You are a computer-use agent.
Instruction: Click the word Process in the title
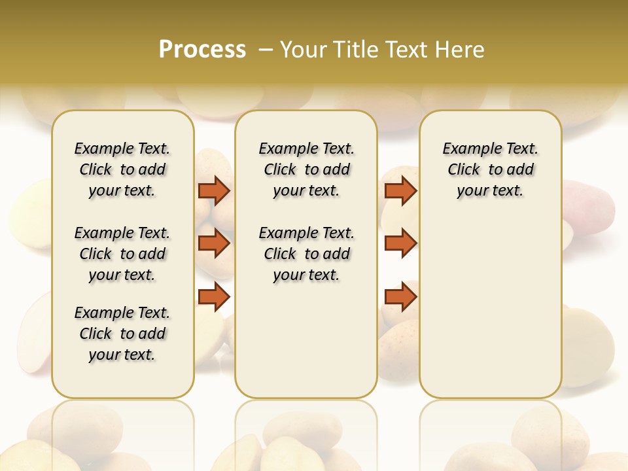point(202,50)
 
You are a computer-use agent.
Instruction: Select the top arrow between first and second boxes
point(214,190)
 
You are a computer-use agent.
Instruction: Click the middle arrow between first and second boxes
point(214,243)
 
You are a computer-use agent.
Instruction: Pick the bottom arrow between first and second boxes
point(214,296)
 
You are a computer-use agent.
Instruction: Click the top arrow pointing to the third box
point(400,190)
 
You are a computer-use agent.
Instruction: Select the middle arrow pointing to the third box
point(400,243)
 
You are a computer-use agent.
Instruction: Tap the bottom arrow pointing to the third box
point(400,296)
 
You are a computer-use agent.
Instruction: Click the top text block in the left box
point(122,169)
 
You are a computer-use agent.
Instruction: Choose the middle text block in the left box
point(122,254)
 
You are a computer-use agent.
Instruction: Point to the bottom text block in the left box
point(122,334)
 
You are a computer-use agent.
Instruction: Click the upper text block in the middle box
point(306,169)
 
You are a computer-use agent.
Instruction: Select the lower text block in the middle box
point(306,254)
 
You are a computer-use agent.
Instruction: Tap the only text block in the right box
point(490,169)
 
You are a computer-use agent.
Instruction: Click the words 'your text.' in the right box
point(490,191)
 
